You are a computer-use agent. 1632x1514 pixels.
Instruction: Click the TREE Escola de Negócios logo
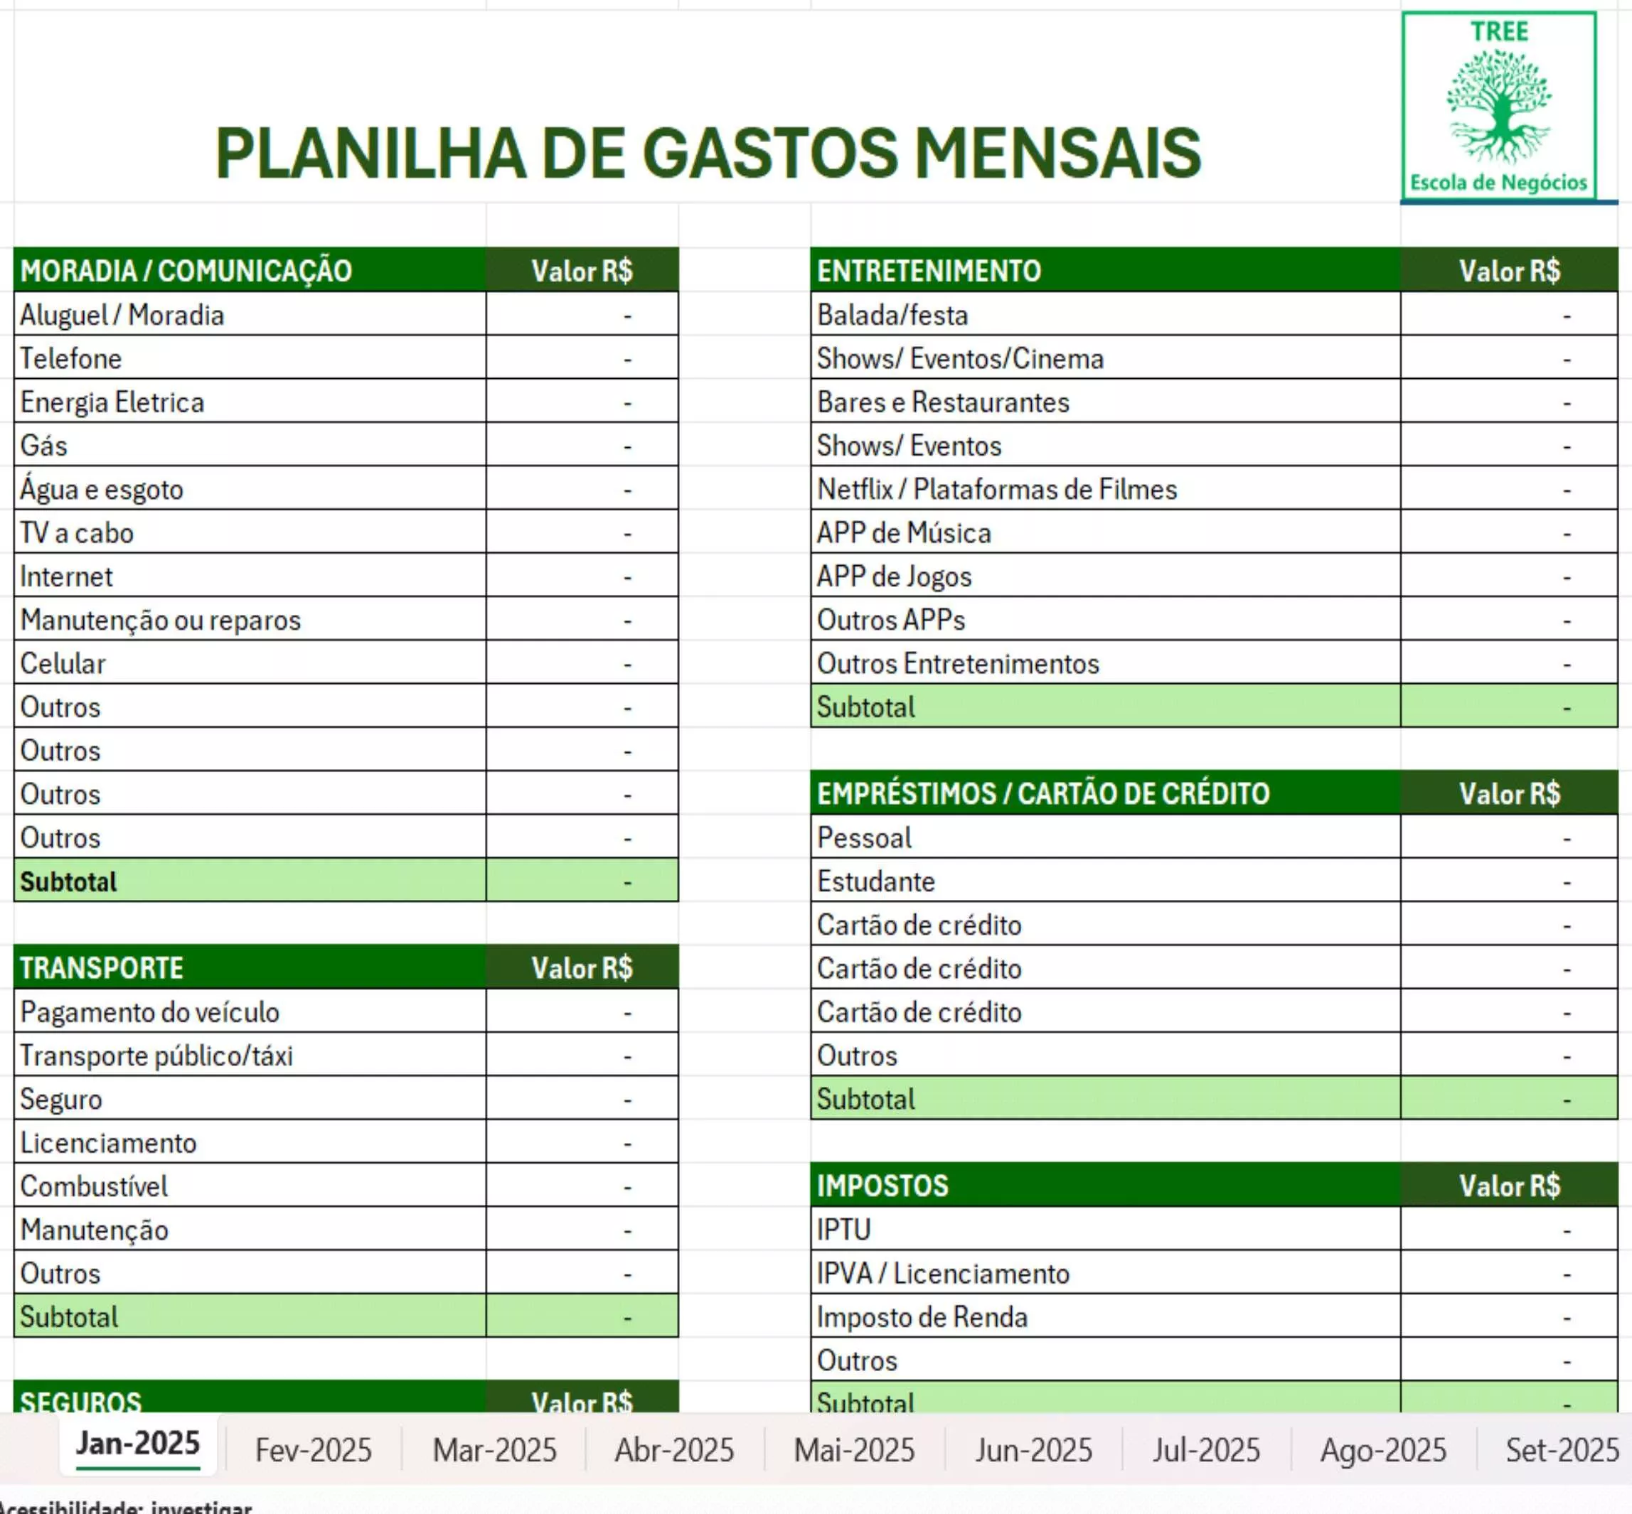(x=1498, y=106)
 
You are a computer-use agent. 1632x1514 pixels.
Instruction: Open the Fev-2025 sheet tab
(x=313, y=1450)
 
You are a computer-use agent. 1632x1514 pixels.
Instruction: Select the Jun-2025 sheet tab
(x=1034, y=1450)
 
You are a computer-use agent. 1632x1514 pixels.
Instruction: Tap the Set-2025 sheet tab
(x=1562, y=1450)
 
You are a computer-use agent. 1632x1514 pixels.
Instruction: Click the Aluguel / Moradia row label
(x=122, y=316)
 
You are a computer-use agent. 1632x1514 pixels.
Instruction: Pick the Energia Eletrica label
(x=112, y=402)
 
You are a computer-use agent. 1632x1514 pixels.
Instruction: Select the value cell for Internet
(x=582, y=576)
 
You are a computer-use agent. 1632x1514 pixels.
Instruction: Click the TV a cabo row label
(x=77, y=533)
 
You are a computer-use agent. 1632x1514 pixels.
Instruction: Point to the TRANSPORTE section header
(x=102, y=968)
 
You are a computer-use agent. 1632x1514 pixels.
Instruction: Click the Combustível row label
(x=95, y=1186)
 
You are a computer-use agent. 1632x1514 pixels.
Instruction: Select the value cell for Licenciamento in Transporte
(x=582, y=1143)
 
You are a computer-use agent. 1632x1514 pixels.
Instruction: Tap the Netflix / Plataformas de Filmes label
(x=997, y=490)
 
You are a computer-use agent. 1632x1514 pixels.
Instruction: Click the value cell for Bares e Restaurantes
(x=1508, y=402)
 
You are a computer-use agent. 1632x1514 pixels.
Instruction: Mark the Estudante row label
(x=876, y=881)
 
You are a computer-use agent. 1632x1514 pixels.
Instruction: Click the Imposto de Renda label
(x=922, y=1317)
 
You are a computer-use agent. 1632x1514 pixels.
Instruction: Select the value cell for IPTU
(x=1508, y=1230)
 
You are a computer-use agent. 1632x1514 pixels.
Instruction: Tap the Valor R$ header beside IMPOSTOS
(x=1509, y=1186)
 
